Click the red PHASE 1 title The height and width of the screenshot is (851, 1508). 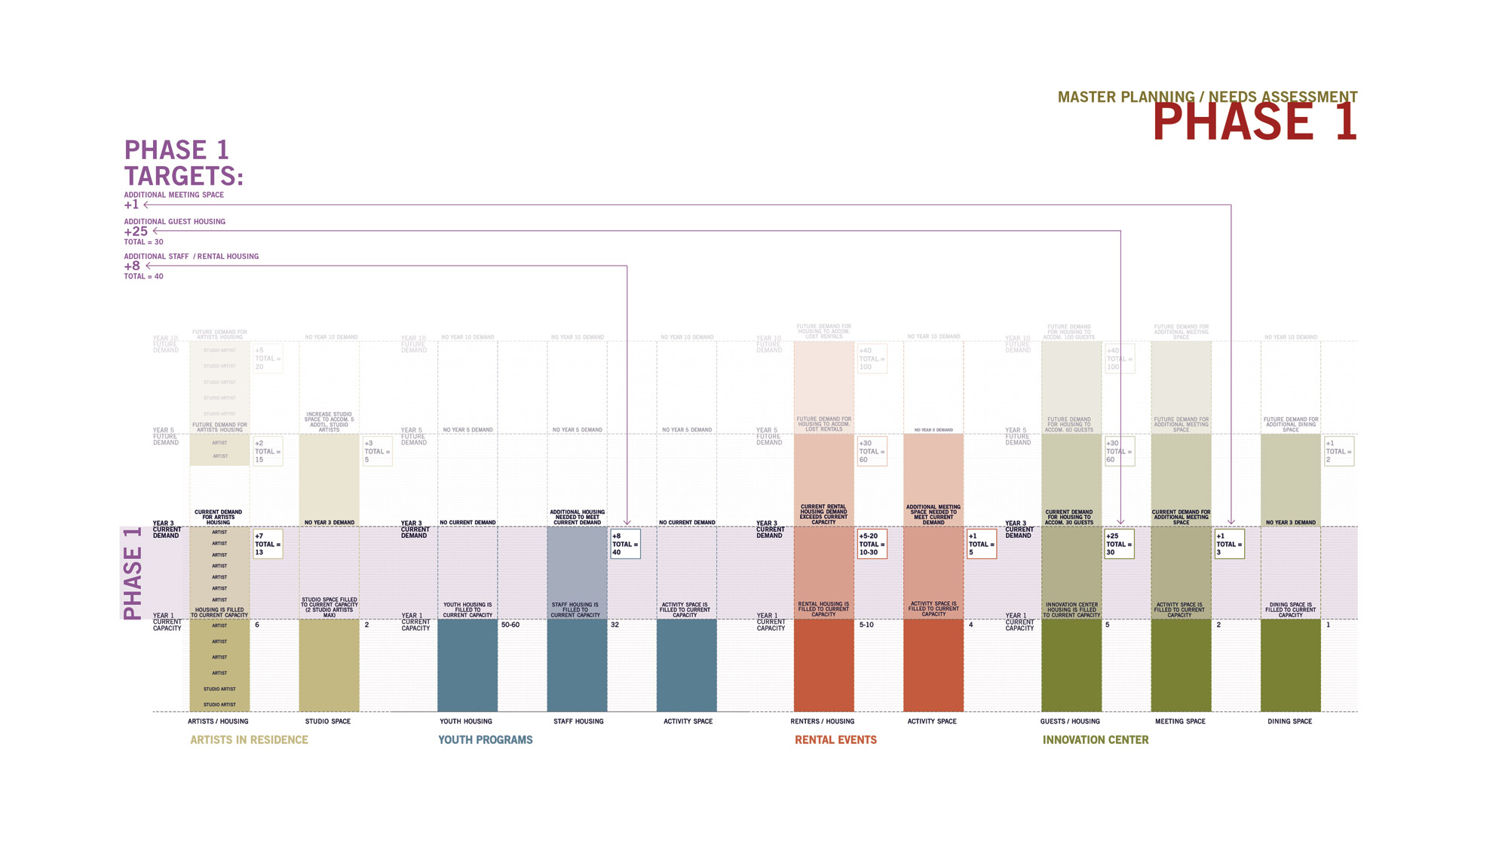click(x=1254, y=123)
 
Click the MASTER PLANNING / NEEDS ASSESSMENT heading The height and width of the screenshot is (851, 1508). click(x=1206, y=97)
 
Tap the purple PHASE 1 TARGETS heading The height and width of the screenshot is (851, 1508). click(x=183, y=163)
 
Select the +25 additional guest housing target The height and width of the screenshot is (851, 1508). click(x=136, y=232)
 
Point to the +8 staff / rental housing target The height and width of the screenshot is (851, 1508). click(x=132, y=266)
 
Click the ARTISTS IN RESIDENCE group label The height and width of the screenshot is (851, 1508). click(x=249, y=740)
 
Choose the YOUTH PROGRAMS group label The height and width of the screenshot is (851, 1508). click(x=485, y=740)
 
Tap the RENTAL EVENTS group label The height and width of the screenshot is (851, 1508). click(x=835, y=740)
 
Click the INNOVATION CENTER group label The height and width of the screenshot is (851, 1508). click(x=1095, y=740)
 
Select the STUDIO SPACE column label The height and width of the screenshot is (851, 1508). click(x=327, y=722)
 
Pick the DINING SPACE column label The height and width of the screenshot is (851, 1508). click(x=1289, y=722)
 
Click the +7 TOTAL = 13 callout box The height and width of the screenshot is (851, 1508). click(x=268, y=544)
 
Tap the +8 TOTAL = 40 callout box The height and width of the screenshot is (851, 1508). click(x=625, y=544)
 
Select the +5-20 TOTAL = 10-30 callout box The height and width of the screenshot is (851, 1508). click(x=872, y=544)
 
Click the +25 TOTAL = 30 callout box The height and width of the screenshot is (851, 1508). click(x=1119, y=544)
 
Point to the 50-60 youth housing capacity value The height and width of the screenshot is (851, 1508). click(x=510, y=625)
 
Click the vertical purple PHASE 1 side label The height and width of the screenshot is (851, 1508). click(x=133, y=573)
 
